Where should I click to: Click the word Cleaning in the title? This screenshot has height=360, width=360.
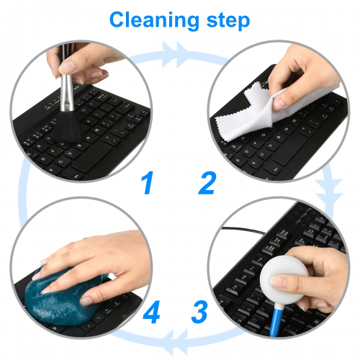click(154, 21)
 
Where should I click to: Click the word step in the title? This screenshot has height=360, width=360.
click(228, 22)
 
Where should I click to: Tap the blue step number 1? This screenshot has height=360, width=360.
click(148, 182)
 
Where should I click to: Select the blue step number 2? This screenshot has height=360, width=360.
click(207, 183)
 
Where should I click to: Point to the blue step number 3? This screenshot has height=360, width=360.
click(199, 312)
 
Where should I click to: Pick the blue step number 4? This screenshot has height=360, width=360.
click(151, 312)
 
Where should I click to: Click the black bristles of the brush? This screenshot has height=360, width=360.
click(66, 127)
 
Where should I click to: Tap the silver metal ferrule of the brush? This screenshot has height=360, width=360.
click(66, 93)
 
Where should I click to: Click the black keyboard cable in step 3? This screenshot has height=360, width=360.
click(243, 230)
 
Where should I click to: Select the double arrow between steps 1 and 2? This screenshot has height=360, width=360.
click(174, 54)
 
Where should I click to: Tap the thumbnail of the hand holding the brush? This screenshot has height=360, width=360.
click(81, 111)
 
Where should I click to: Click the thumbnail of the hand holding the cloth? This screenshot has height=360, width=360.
click(279, 111)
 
